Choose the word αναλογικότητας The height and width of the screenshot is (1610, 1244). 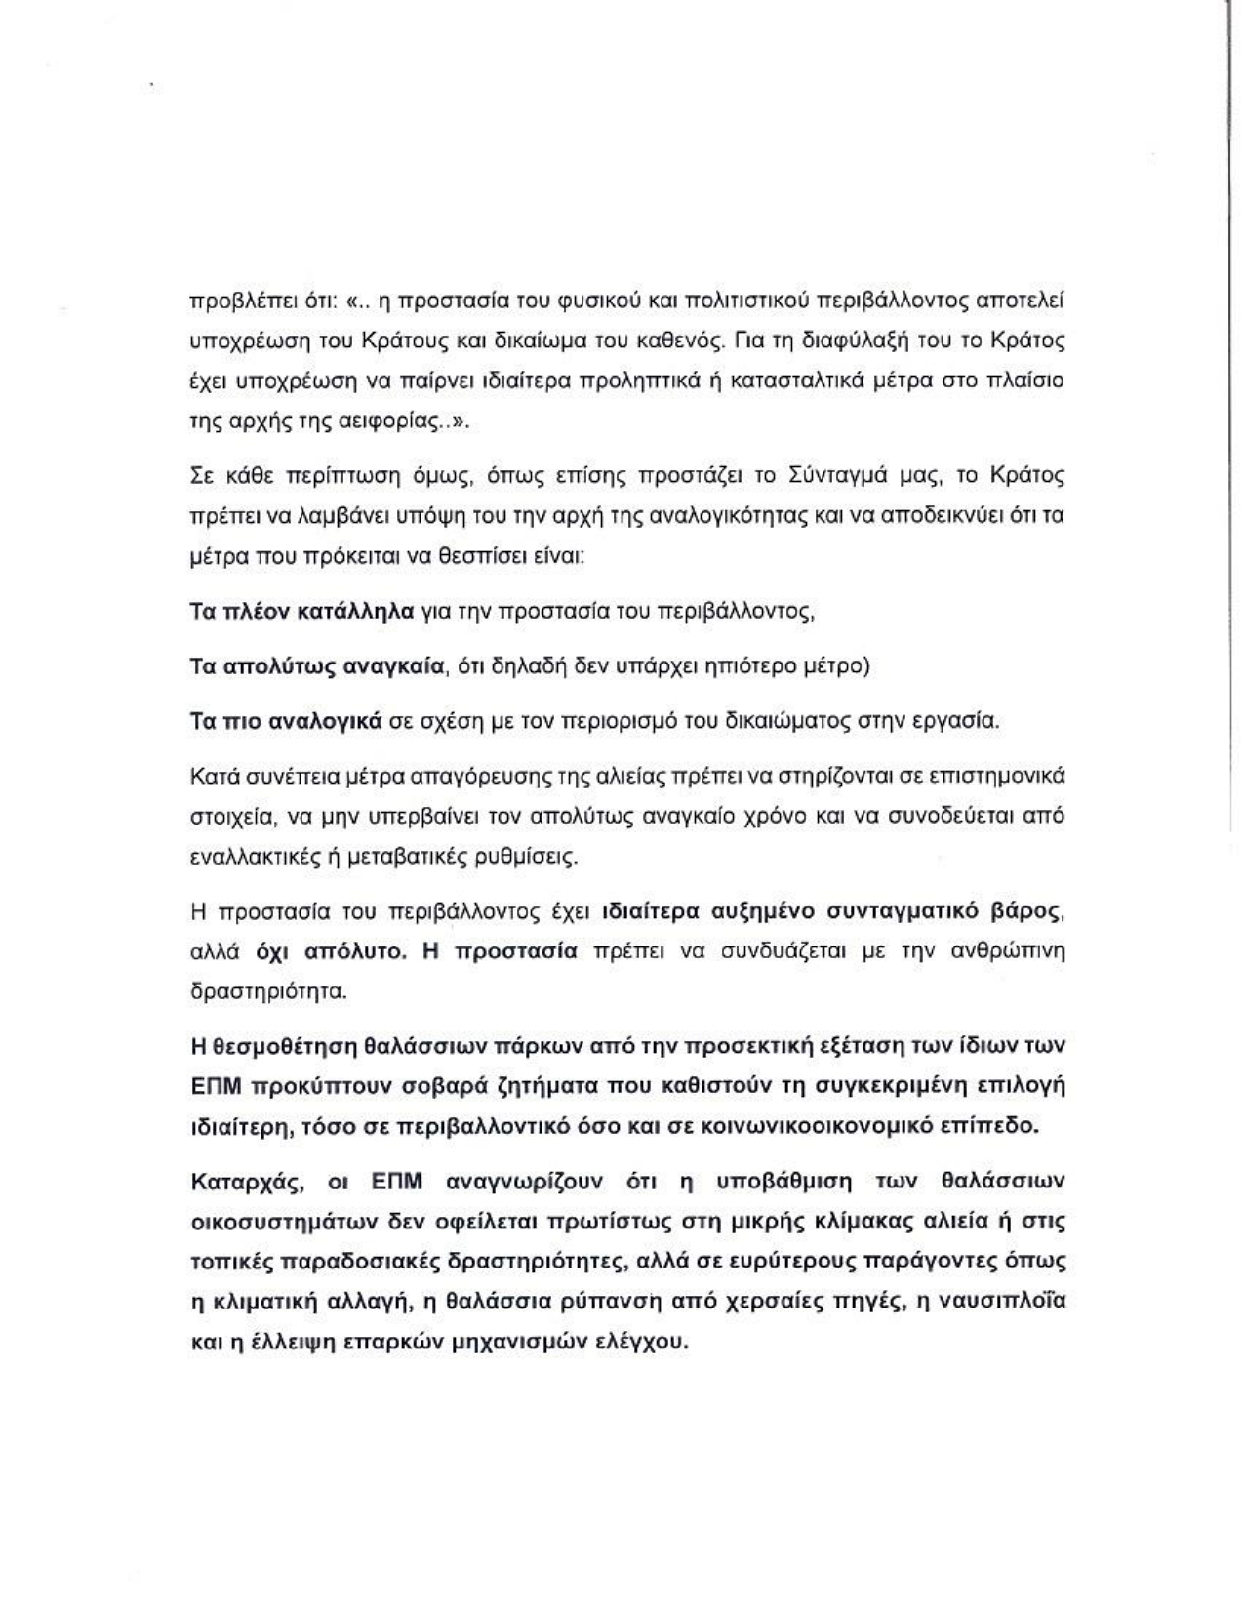click(x=739, y=517)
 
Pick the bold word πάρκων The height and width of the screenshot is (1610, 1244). click(x=542, y=1045)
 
